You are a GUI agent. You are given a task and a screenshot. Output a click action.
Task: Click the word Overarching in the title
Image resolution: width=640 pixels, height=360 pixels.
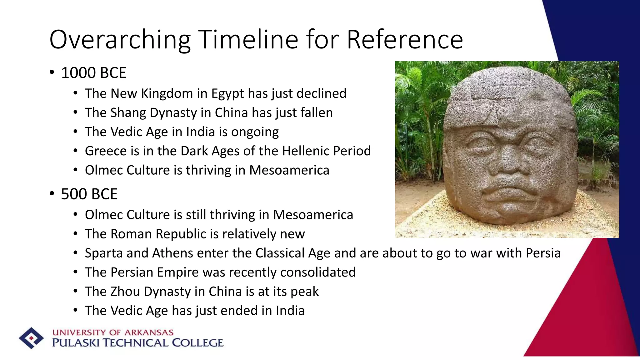point(120,40)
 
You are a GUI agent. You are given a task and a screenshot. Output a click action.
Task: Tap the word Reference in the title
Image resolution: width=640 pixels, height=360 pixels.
point(405,40)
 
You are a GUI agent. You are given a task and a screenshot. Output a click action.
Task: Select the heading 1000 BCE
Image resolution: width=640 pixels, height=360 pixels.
point(94,73)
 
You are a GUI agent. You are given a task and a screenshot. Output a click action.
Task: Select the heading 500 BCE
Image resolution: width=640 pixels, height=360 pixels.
point(89,194)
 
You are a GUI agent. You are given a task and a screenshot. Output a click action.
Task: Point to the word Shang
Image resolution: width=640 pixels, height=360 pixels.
point(128,113)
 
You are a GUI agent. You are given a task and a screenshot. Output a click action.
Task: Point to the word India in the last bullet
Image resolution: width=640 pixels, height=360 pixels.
point(290,311)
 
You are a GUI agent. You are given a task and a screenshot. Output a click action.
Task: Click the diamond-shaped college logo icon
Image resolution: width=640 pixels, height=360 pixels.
point(31,338)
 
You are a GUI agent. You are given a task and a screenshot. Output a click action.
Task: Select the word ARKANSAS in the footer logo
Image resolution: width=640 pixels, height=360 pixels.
point(149,332)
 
